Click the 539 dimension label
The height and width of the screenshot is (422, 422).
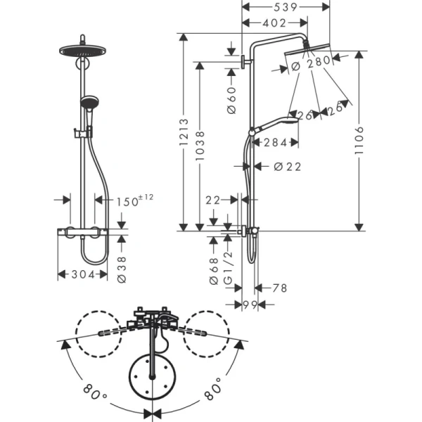click(x=276, y=7)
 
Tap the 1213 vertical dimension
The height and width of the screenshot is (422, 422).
click(x=184, y=141)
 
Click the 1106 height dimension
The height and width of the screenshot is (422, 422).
click(x=359, y=140)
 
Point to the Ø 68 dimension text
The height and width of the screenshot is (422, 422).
click(x=214, y=271)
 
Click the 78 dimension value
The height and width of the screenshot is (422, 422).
click(x=280, y=288)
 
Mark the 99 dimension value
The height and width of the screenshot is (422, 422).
click(x=249, y=305)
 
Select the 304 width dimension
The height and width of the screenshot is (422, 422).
click(x=84, y=274)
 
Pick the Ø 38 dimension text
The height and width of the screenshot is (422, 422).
click(x=121, y=268)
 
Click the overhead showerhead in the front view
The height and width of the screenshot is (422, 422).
click(x=84, y=51)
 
